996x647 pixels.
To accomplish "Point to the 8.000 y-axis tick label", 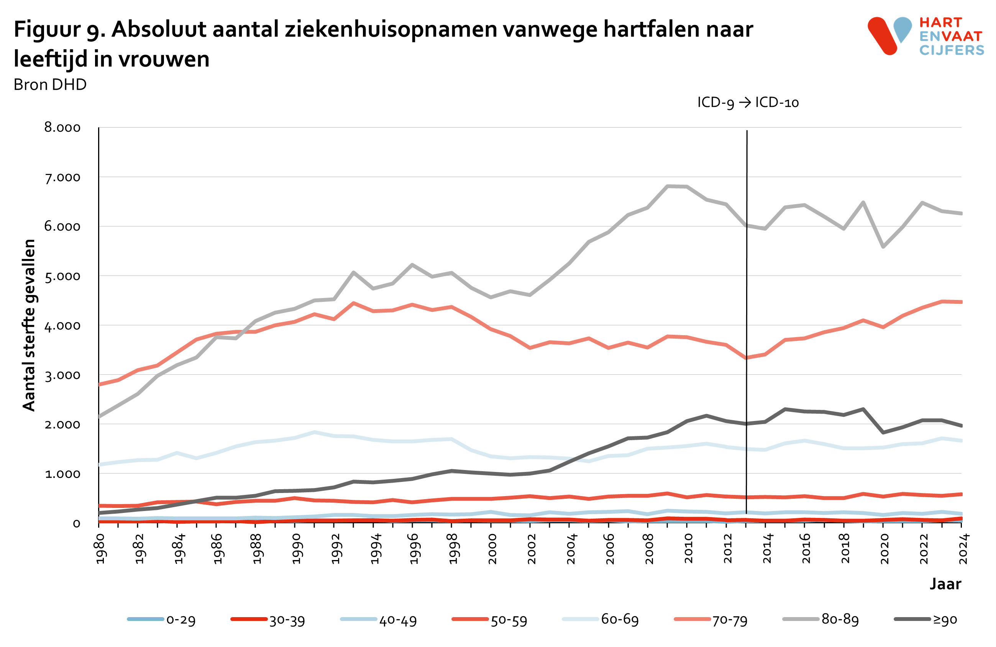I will pyautogui.click(x=62, y=128).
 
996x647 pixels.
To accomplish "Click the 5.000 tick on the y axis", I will pyautogui.click(x=62, y=276).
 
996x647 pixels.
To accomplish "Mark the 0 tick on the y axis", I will pyautogui.click(x=76, y=524).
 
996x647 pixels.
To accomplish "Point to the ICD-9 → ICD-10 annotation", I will pyautogui.click(x=748, y=102).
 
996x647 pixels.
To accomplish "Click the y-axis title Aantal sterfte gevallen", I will pyautogui.click(x=29, y=325).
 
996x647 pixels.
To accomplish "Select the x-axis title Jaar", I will pyautogui.click(x=945, y=583).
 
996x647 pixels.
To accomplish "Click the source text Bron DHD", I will pyautogui.click(x=50, y=85).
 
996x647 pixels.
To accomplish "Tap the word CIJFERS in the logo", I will pyautogui.click(x=951, y=50).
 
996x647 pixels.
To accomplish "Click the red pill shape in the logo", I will pyautogui.click(x=882, y=36).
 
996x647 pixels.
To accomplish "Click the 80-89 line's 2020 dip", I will pyautogui.click(x=883, y=247).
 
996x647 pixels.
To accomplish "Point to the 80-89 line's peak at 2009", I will pyautogui.click(x=668, y=186).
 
